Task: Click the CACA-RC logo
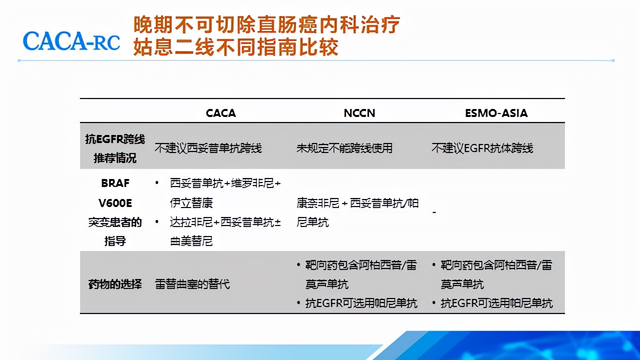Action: [71, 40]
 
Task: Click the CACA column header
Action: [220, 113]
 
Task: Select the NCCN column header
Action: [359, 113]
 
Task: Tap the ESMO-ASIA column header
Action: [496, 113]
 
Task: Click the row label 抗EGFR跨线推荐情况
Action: [115, 148]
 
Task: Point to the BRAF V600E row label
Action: [115, 212]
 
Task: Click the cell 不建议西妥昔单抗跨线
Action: [208, 148]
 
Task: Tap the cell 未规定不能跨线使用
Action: [344, 148]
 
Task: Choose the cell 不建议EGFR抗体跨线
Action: [482, 148]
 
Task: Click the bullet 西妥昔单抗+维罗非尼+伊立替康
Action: [224, 193]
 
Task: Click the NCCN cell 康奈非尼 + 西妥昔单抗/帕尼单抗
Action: [357, 212]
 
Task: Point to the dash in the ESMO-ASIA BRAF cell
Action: [434, 212]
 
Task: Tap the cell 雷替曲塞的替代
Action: [192, 284]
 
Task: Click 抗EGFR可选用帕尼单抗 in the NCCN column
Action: [361, 303]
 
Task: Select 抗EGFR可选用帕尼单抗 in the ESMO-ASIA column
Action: [496, 303]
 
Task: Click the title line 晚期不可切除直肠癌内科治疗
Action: [266, 24]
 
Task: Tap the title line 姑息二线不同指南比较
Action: [235, 47]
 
